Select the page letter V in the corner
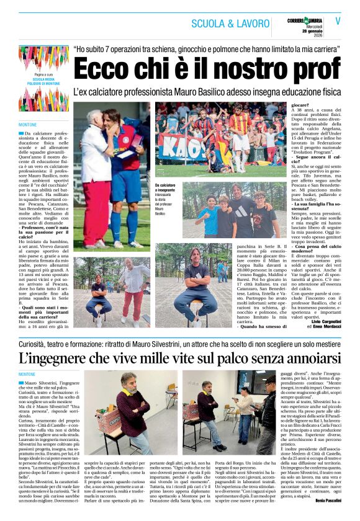(338, 20)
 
